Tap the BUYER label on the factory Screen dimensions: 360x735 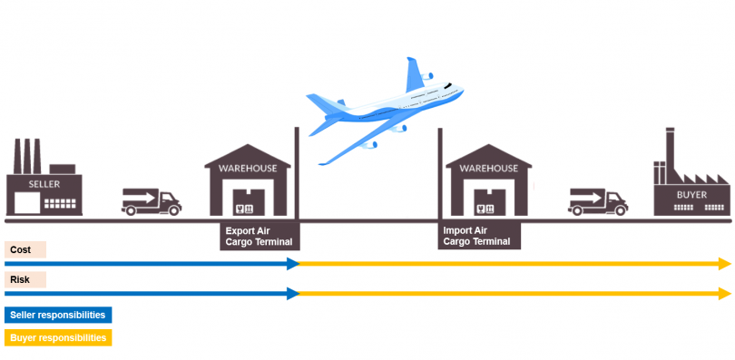pos(691,194)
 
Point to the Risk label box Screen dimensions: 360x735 pos(25,279)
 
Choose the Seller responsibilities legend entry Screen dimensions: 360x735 pos(58,315)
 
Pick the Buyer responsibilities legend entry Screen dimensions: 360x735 pos(58,337)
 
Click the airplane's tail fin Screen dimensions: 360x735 pos(416,73)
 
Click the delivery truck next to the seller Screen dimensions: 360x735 pos(151,201)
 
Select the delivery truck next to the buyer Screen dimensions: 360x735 pos(598,201)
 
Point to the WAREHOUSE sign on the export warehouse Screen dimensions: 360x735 pos(248,168)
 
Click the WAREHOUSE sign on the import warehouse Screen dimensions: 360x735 pos(488,168)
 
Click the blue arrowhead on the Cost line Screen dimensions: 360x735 pos(293,264)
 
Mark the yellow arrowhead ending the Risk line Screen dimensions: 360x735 pos(724,294)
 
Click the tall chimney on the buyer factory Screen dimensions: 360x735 pos(670,150)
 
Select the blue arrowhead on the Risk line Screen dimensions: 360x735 pos(293,294)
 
